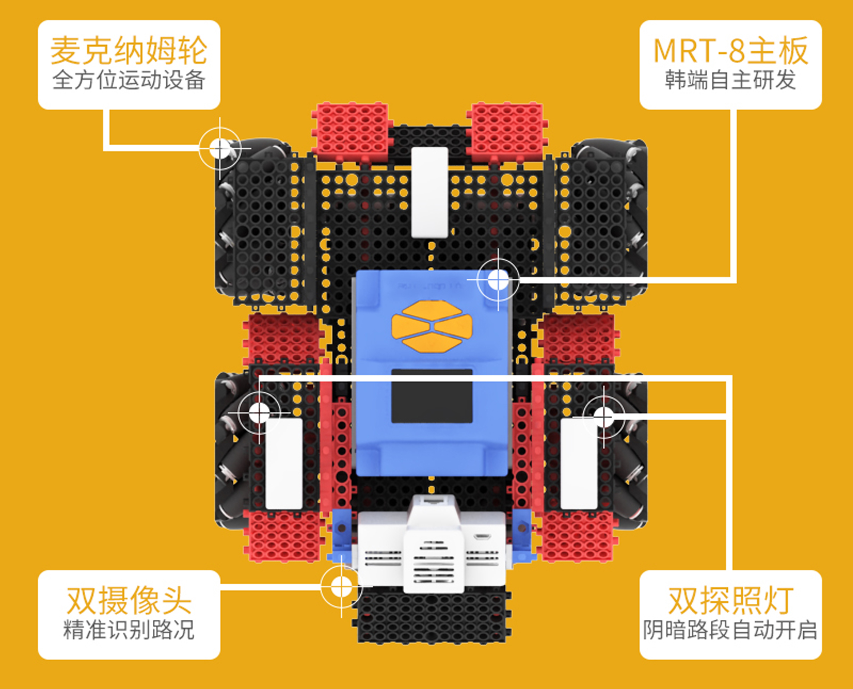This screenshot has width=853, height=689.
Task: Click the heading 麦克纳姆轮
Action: [x=129, y=51]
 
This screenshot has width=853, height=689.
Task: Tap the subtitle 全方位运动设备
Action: [x=129, y=80]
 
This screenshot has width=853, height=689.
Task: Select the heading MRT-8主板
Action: [x=730, y=51]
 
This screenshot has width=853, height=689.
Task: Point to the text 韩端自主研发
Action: [x=730, y=80]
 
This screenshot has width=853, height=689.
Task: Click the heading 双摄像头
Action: [x=129, y=600]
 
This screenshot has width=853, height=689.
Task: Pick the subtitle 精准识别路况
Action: [x=129, y=630]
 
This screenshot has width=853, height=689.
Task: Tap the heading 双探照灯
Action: [x=730, y=600]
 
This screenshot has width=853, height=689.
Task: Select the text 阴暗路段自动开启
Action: [x=730, y=630]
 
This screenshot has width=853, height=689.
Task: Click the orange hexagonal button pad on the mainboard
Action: [x=432, y=326]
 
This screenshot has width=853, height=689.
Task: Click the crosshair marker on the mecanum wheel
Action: [x=219, y=148]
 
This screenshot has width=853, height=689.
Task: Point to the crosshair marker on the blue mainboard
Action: [x=498, y=280]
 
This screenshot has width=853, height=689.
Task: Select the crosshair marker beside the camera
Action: [x=341, y=587]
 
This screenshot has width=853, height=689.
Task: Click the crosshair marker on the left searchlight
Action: [x=259, y=413]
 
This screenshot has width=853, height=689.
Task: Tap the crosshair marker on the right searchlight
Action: [x=603, y=417]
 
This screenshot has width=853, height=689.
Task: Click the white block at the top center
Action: [x=429, y=192]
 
